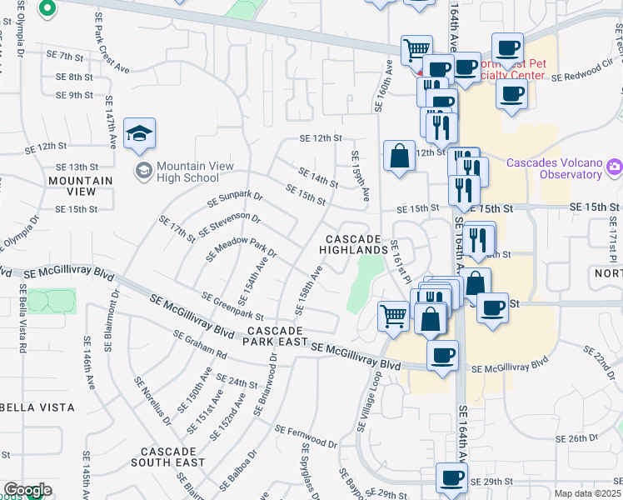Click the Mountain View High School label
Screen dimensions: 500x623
187,172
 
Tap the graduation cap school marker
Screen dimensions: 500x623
140,133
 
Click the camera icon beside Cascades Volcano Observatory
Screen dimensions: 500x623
615,167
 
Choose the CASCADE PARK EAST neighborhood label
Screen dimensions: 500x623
276,335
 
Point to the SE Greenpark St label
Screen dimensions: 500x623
232,306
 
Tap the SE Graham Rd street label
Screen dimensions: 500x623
200,343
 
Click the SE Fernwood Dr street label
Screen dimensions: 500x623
307,432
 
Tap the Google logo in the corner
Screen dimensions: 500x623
27,490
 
